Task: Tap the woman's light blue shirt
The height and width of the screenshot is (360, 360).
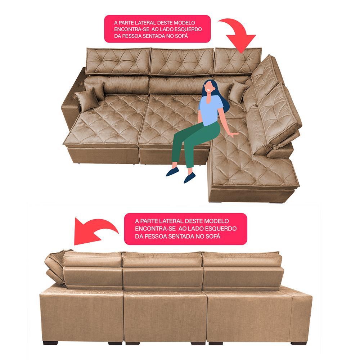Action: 210,112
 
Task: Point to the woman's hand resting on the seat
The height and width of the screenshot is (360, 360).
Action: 235,134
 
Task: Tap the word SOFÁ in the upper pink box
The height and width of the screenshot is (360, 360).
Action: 181,36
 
